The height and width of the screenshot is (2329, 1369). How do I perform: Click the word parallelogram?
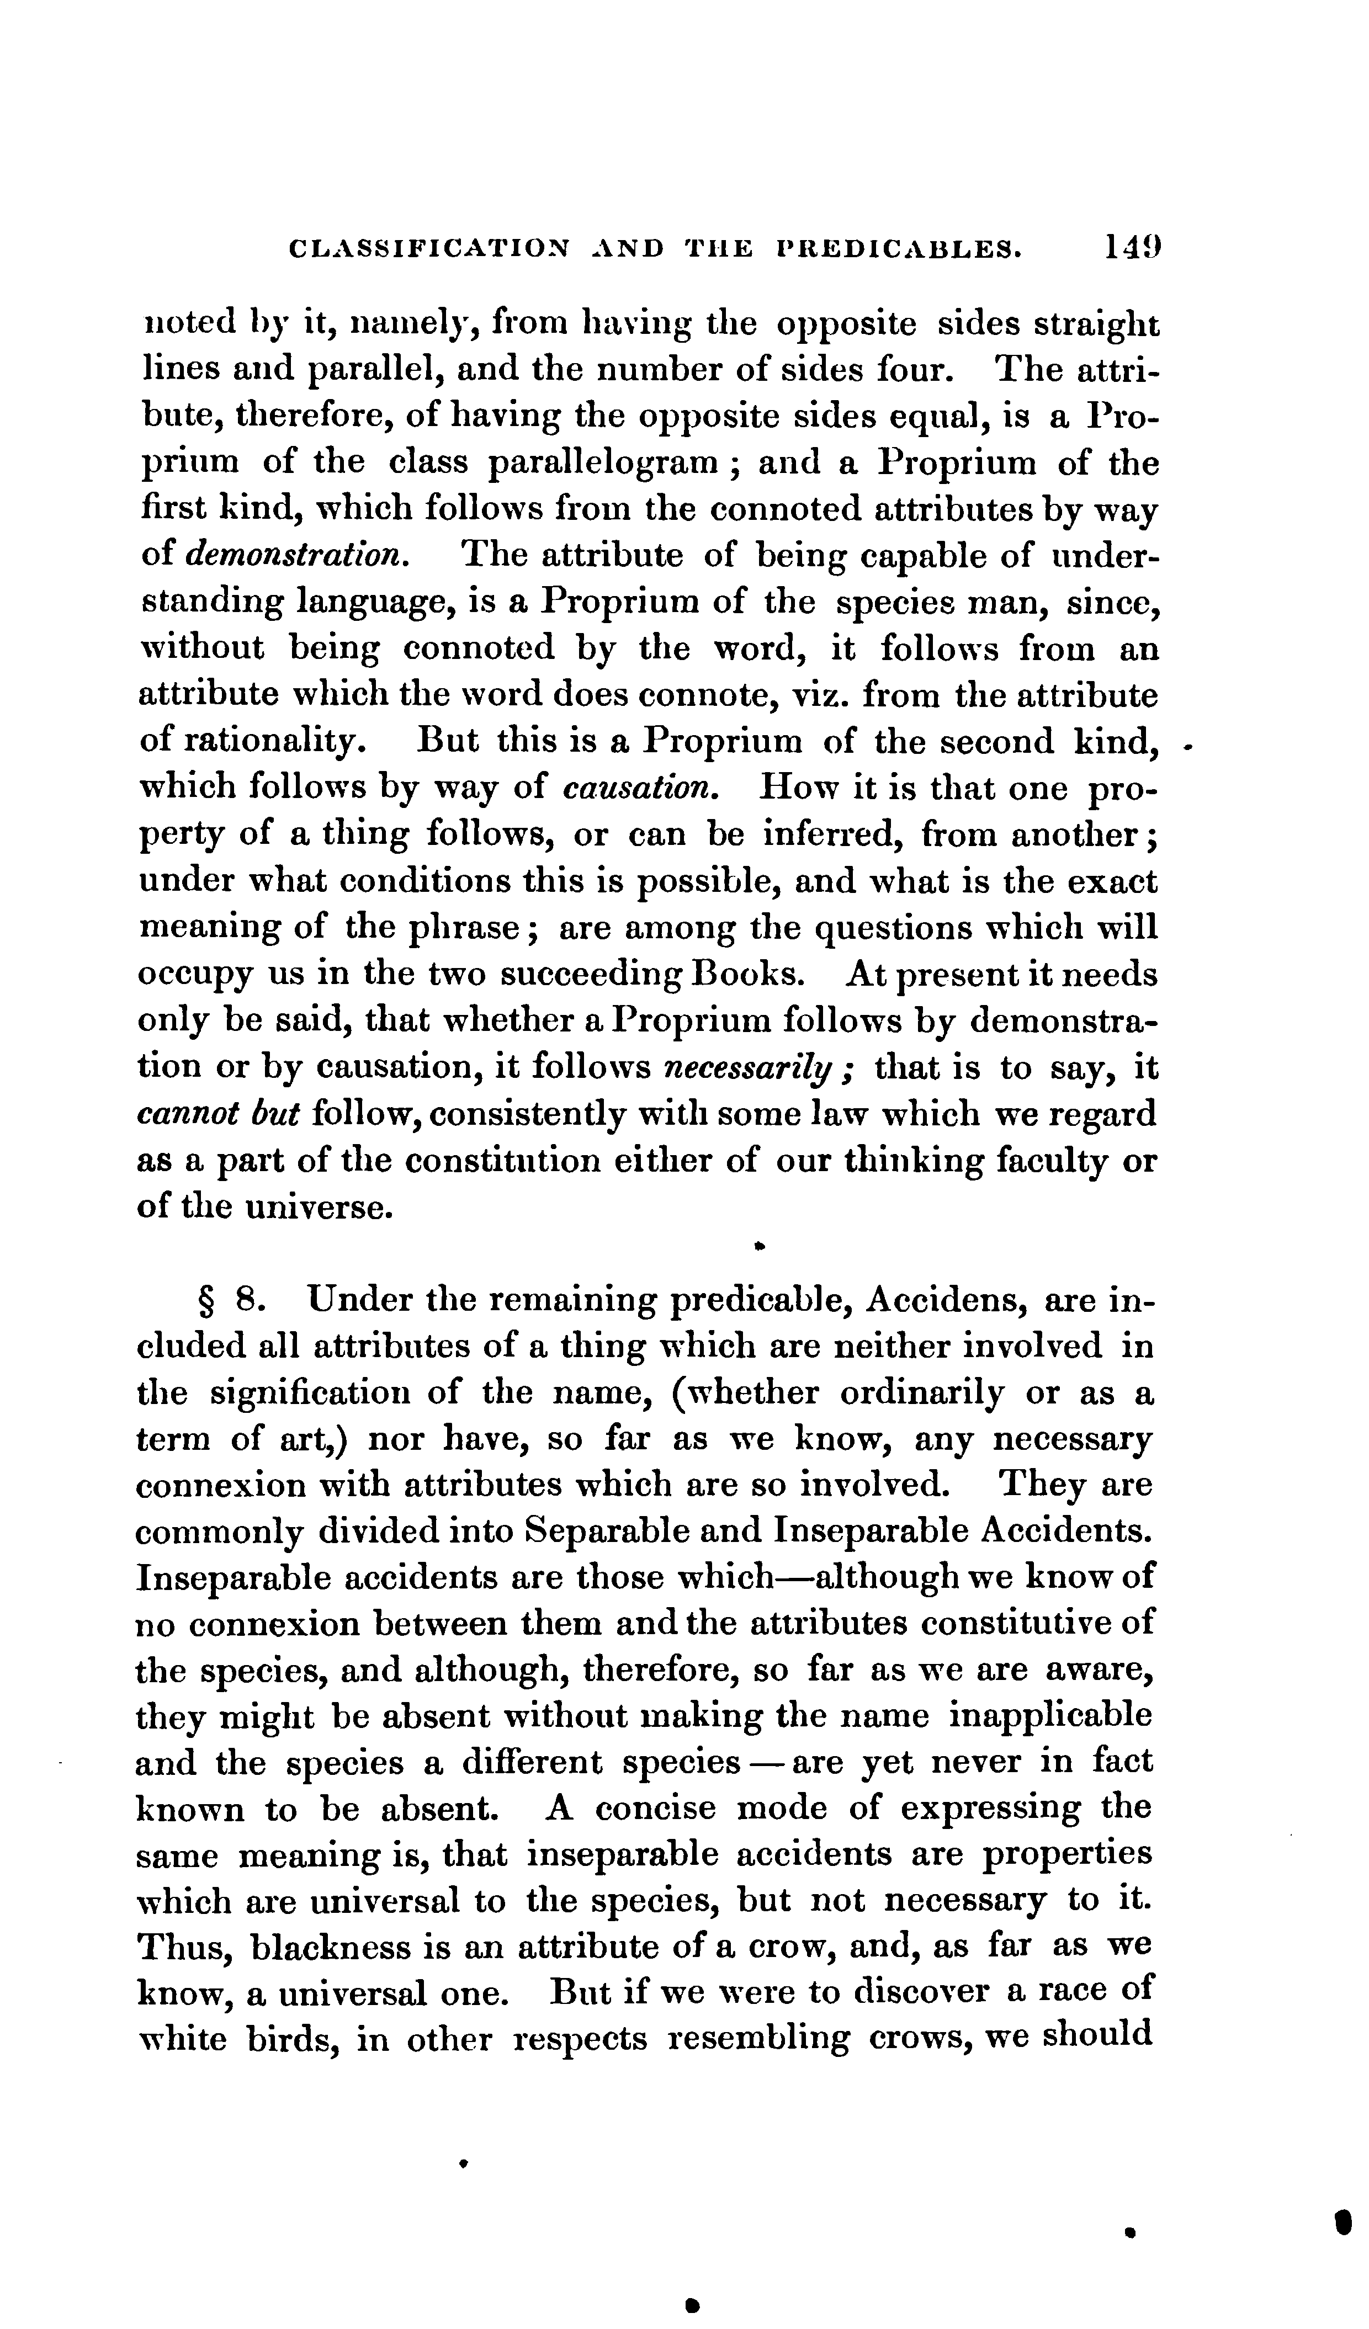click(x=603, y=463)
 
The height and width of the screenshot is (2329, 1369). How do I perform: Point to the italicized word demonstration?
click(x=295, y=555)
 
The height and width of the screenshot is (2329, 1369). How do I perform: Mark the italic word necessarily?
click(x=757, y=1068)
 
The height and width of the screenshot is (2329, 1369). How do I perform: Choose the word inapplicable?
click(x=1051, y=1715)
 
